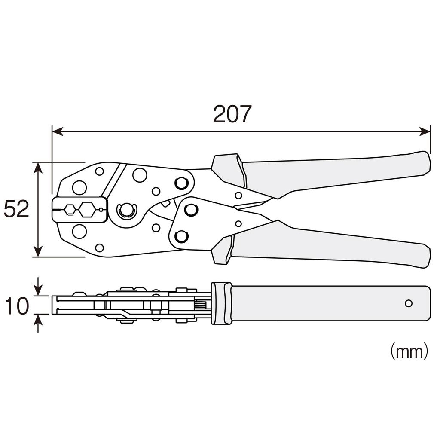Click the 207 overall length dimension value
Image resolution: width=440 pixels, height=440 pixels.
(232, 114)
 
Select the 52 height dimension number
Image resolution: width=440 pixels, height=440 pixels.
(16, 210)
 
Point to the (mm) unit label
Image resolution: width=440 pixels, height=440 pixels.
(409, 351)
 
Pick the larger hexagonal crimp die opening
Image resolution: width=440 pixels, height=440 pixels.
(87, 210)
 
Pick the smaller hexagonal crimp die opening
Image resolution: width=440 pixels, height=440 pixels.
(69, 210)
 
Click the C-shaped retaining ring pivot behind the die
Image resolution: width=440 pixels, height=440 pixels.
(126, 210)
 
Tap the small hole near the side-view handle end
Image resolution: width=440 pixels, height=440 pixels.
(408, 303)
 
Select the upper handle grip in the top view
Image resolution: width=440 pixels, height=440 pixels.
(335, 174)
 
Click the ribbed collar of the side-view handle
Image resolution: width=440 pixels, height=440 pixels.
(221, 303)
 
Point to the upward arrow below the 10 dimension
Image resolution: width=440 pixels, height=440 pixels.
(39, 322)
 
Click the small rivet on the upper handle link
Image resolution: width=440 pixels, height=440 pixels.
(238, 196)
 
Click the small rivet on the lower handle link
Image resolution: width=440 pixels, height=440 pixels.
(238, 224)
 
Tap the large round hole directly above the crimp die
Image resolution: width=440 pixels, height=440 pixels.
(79, 188)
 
